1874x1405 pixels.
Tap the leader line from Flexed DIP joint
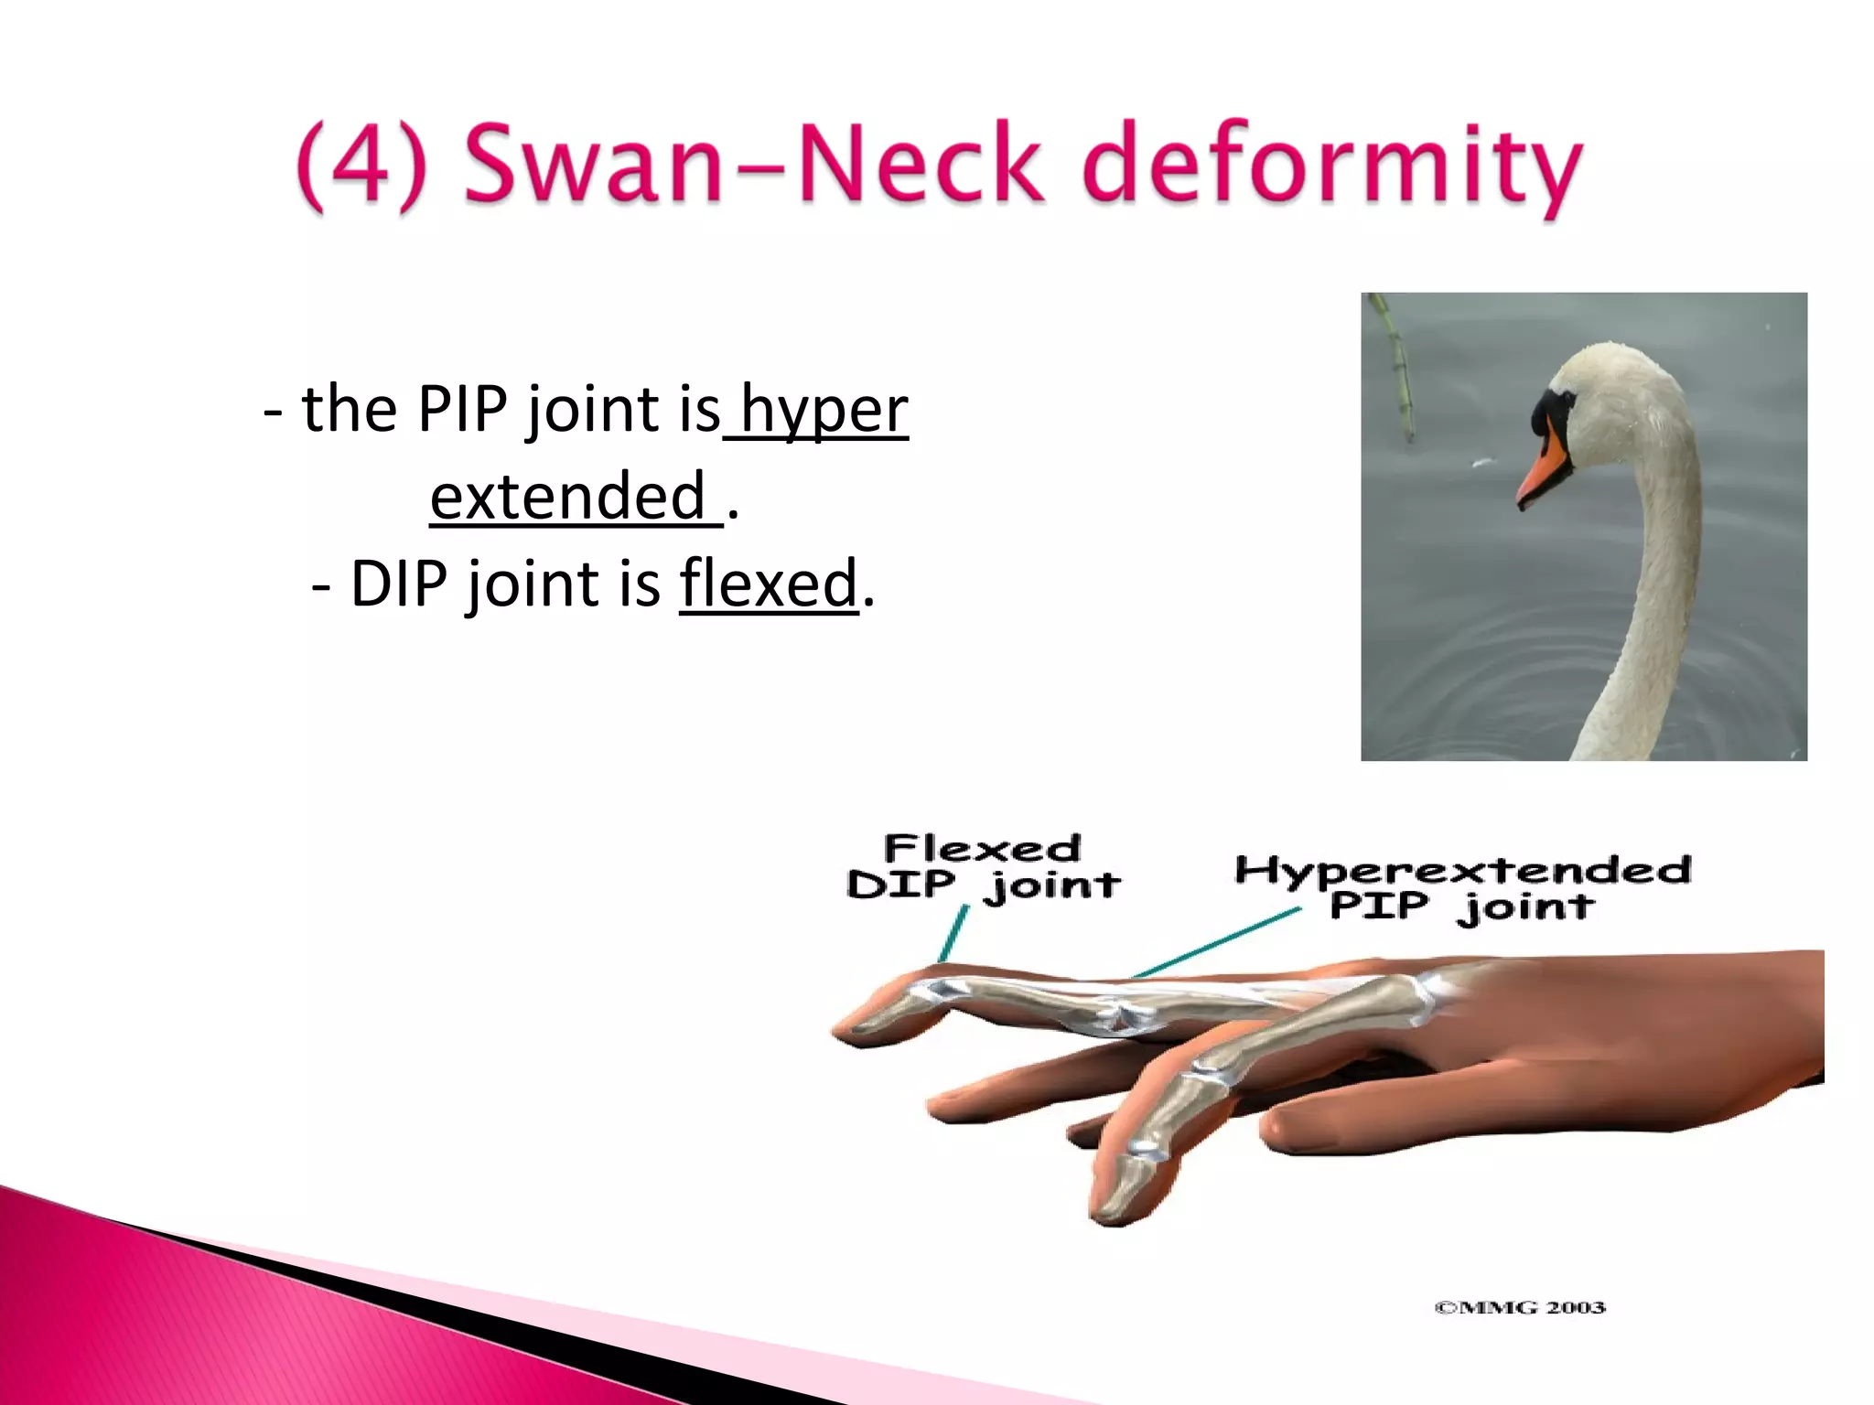[x=953, y=933]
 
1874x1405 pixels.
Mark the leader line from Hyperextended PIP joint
[x=1217, y=942]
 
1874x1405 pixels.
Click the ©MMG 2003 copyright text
[x=1519, y=1307]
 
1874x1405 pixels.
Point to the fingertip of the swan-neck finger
[x=860, y=1029]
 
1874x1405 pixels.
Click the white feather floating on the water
[x=1483, y=463]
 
